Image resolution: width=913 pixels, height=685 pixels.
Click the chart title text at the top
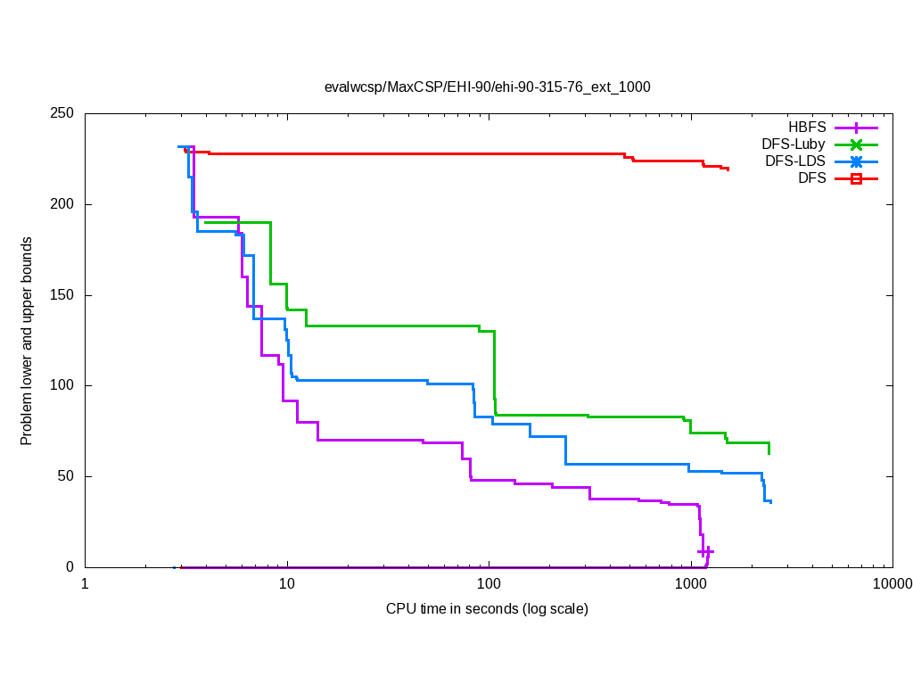(487, 87)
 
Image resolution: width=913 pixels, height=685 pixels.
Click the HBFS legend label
(807, 127)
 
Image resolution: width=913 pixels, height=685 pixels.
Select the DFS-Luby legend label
(794, 144)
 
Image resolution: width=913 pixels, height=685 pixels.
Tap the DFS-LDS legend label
(794, 161)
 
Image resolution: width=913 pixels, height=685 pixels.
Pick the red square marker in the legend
(856, 178)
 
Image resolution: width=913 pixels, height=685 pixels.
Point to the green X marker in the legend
(856, 144)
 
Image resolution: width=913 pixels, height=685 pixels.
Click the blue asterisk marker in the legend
(856, 161)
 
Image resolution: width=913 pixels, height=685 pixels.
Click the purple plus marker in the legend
(856, 127)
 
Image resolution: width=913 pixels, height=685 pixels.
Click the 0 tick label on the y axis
(72, 567)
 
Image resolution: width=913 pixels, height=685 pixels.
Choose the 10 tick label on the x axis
(286, 585)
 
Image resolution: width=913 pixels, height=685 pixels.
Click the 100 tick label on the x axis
(489, 585)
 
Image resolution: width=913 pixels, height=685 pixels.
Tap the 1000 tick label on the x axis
(690, 585)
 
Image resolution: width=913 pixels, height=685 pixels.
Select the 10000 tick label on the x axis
(892, 585)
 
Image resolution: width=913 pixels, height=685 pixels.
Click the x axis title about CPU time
(487, 609)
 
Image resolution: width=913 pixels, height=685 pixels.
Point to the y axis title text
(28, 341)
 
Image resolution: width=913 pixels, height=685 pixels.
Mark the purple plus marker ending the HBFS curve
(705, 552)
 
